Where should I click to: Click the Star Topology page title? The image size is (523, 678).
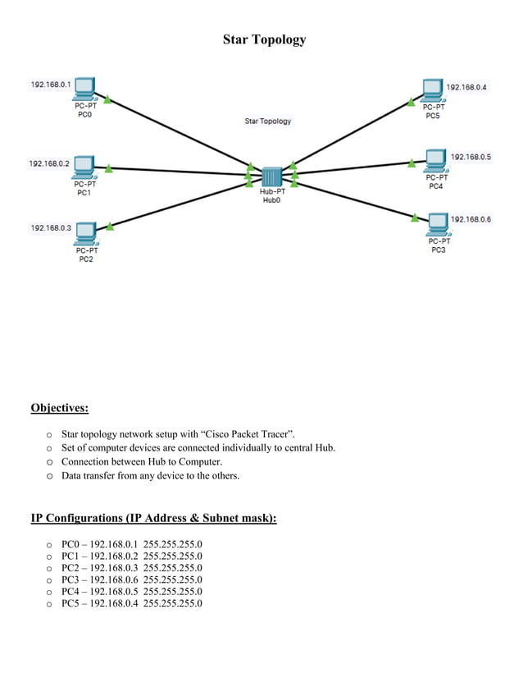tap(264, 39)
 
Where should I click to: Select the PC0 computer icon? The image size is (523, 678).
tap(84, 88)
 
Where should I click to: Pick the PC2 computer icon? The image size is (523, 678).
tap(86, 233)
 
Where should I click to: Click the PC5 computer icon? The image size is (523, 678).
tap(433, 89)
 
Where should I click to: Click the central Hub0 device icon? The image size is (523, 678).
tap(271, 176)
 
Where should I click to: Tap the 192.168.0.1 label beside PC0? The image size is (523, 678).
tap(50, 85)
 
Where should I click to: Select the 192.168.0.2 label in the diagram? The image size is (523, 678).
tap(49, 163)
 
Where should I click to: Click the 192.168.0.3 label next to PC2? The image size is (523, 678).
tap(50, 227)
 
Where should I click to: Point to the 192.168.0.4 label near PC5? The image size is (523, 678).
tap(466, 87)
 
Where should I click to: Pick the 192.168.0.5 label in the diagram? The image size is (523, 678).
tap(471, 157)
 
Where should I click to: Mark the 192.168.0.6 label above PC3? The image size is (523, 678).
tap(471, 219)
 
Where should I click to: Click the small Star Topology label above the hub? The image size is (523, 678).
tap(268, 121)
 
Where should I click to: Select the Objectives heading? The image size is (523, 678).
tap(59, 408)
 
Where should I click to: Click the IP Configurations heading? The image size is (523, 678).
tap(153, 518)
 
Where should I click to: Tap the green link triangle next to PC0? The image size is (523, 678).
tap(107, 99)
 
